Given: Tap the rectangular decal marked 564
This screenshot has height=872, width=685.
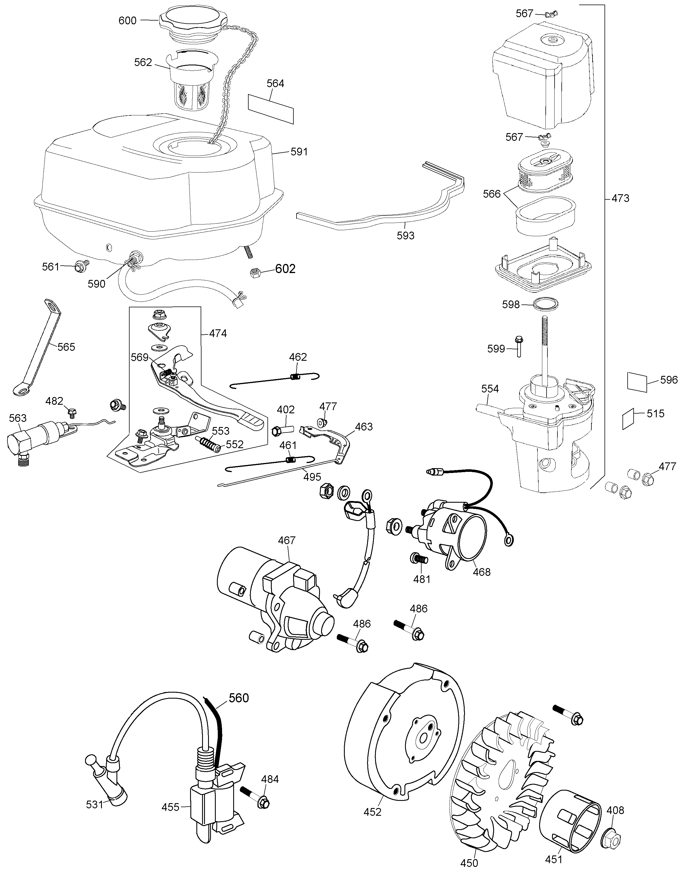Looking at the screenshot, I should (271, 108).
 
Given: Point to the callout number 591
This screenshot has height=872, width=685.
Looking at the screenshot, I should (299, 152).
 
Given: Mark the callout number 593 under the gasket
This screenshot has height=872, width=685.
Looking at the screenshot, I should (406, 236).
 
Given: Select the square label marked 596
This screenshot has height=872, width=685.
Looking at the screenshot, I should (637, 382).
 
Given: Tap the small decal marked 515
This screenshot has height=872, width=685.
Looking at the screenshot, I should (628, 419).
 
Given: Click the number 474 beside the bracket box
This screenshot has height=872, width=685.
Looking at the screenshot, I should (218, 333).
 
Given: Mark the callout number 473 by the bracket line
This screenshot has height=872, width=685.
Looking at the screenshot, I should (620, 198).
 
